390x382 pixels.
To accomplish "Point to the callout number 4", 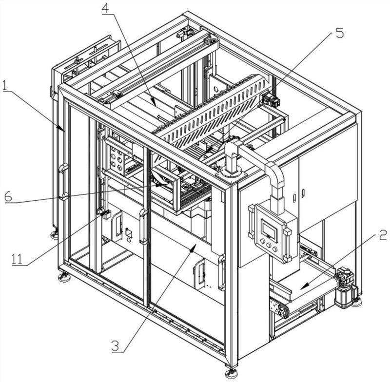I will point(107,9).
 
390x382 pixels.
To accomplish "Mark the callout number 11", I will point(17,260).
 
